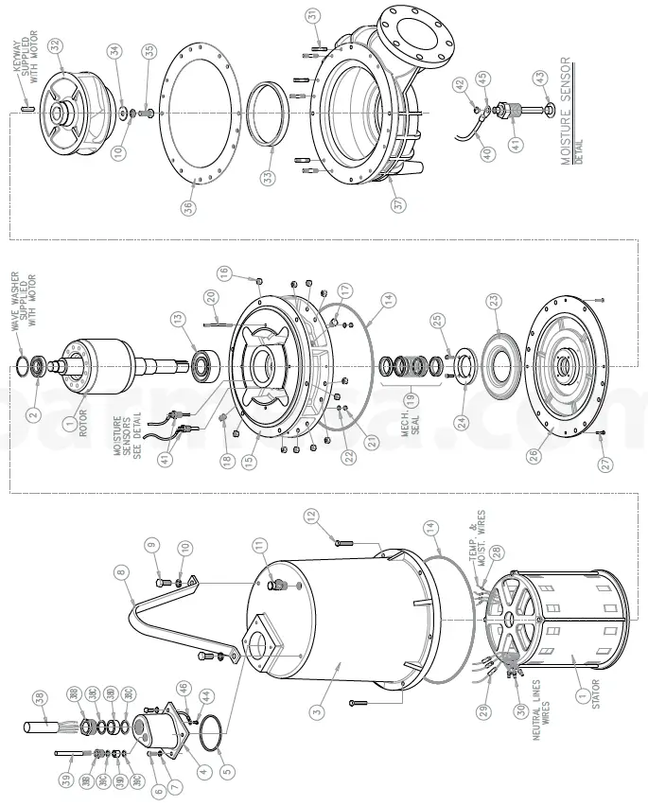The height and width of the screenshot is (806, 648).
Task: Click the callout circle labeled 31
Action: click(313, 15)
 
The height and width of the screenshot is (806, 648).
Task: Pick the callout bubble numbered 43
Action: click(540, 77)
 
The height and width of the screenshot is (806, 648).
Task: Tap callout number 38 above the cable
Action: click(39, 698)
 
